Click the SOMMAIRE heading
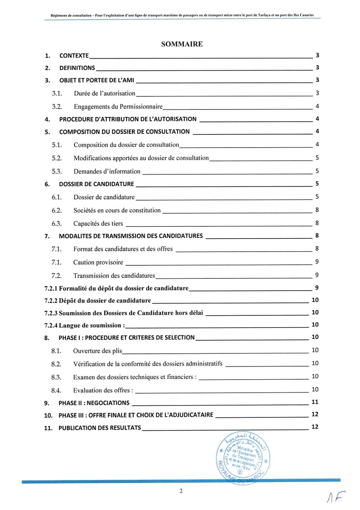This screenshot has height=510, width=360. [x=182, y=44]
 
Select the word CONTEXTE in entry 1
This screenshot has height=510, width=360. [x=74, y=56]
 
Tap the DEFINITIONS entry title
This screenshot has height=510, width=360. [x=77, y=68]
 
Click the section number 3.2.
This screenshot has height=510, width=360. [x=57, y=107]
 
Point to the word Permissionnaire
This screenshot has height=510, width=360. [x=141, y=107]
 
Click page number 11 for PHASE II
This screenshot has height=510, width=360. [x=315, y=402]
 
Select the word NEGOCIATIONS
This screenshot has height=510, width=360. [x=108, y=403]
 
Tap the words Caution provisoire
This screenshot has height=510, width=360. [x=98, y=262]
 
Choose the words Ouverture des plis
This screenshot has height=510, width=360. [x=98, y=351]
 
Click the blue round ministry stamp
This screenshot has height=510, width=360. [x=243, y=458]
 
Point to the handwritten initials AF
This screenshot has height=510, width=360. [x=336, y=498]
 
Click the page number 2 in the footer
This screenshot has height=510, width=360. [x=181, y=491]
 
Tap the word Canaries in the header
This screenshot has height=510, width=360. [x=307, y=15]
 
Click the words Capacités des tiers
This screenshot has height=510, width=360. [x=98, y=224]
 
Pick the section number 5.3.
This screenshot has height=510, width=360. [x=57, y=172]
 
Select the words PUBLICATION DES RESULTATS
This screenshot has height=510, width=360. [x=100, y=428]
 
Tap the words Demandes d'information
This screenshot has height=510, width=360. [x=107, y=172]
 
